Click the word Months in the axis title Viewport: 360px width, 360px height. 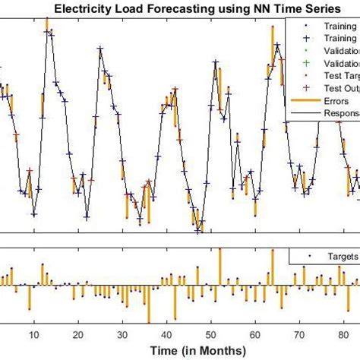[224, 350]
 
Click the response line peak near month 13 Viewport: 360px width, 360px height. [47, 30]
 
